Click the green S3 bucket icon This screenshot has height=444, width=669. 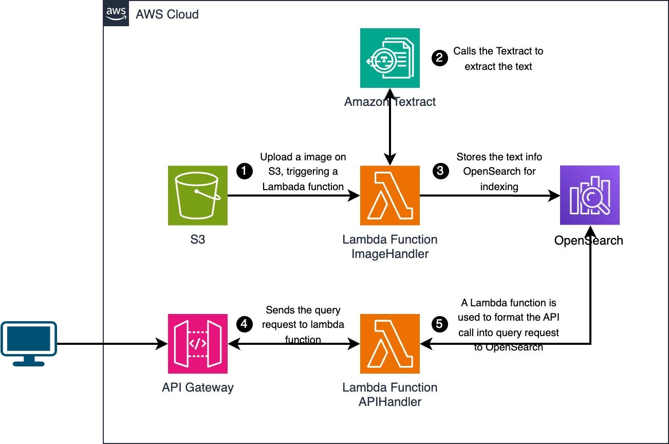(198, 195)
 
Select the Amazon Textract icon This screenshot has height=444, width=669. (390, 58)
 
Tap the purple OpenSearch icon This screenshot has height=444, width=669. (589, 195)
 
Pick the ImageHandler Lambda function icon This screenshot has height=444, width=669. (390, 195)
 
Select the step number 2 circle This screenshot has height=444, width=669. (439, 58)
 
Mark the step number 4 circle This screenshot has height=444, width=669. (243, 324)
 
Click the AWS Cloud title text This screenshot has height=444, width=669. (167, 14)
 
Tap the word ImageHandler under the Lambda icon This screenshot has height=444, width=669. (390, 253)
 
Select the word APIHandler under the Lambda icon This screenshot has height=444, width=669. (390, 401)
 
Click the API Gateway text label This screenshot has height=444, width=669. (198, 387)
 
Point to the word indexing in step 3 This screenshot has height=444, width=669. (498, 187)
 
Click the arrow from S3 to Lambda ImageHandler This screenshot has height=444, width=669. (293, 195)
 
